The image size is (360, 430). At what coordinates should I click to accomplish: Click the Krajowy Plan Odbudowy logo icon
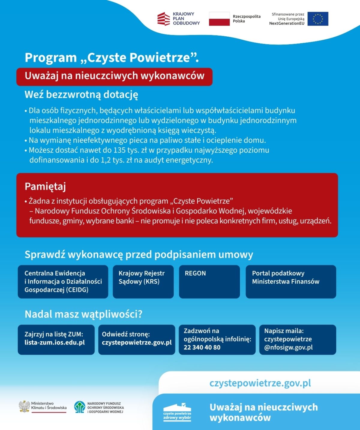[163, 19]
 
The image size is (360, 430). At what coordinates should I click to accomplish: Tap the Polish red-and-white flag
[219, 19]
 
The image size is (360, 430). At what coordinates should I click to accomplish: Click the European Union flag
[318, 19]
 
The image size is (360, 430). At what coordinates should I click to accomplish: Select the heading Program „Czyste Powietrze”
[112, 57]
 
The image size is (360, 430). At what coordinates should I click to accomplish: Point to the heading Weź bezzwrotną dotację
[81, 95]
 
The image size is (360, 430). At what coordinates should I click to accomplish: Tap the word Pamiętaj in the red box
[45, 186]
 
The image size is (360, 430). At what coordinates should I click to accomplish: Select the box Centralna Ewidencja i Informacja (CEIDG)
[63, 281]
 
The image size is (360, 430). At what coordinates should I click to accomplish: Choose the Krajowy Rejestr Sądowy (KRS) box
[143, 281]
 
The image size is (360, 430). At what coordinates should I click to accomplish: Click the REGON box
[209, 281]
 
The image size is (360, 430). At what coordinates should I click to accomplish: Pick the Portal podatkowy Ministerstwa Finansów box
[291, 281]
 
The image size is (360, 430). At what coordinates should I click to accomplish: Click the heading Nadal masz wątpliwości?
[83, 314]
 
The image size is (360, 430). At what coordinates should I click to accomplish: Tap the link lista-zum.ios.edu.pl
[55, 343]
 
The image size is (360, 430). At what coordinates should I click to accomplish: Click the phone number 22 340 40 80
[202, 347]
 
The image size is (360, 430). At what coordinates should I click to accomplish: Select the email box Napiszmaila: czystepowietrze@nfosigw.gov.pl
[297, 339]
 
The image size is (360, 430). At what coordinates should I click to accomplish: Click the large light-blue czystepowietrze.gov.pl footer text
[260, 383]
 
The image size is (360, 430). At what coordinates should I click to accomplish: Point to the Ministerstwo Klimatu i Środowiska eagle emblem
[24, 407]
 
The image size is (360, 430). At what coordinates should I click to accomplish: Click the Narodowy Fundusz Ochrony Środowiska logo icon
[79, 407]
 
